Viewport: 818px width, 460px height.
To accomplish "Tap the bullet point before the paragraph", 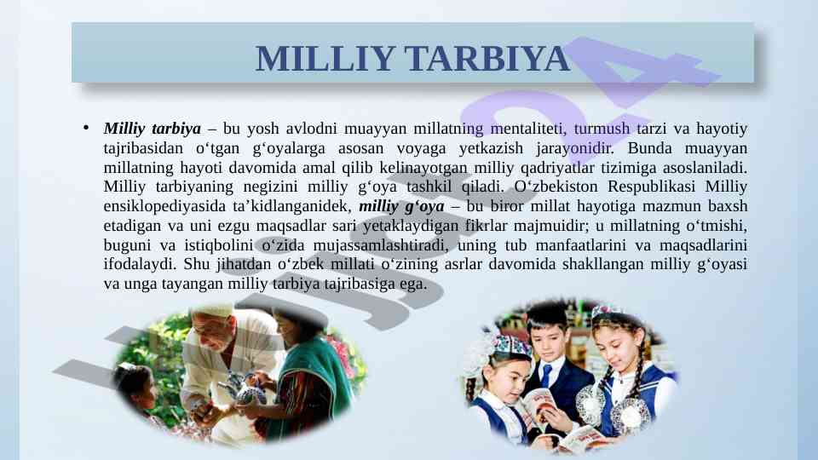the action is pos(86,127).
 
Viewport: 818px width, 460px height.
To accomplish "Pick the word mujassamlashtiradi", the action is pos(380,244).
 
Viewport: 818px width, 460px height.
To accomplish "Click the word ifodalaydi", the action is pos(140,264).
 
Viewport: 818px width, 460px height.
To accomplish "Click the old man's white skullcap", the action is pos(211,313).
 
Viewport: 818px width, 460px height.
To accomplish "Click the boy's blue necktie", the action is pos(545,375).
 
